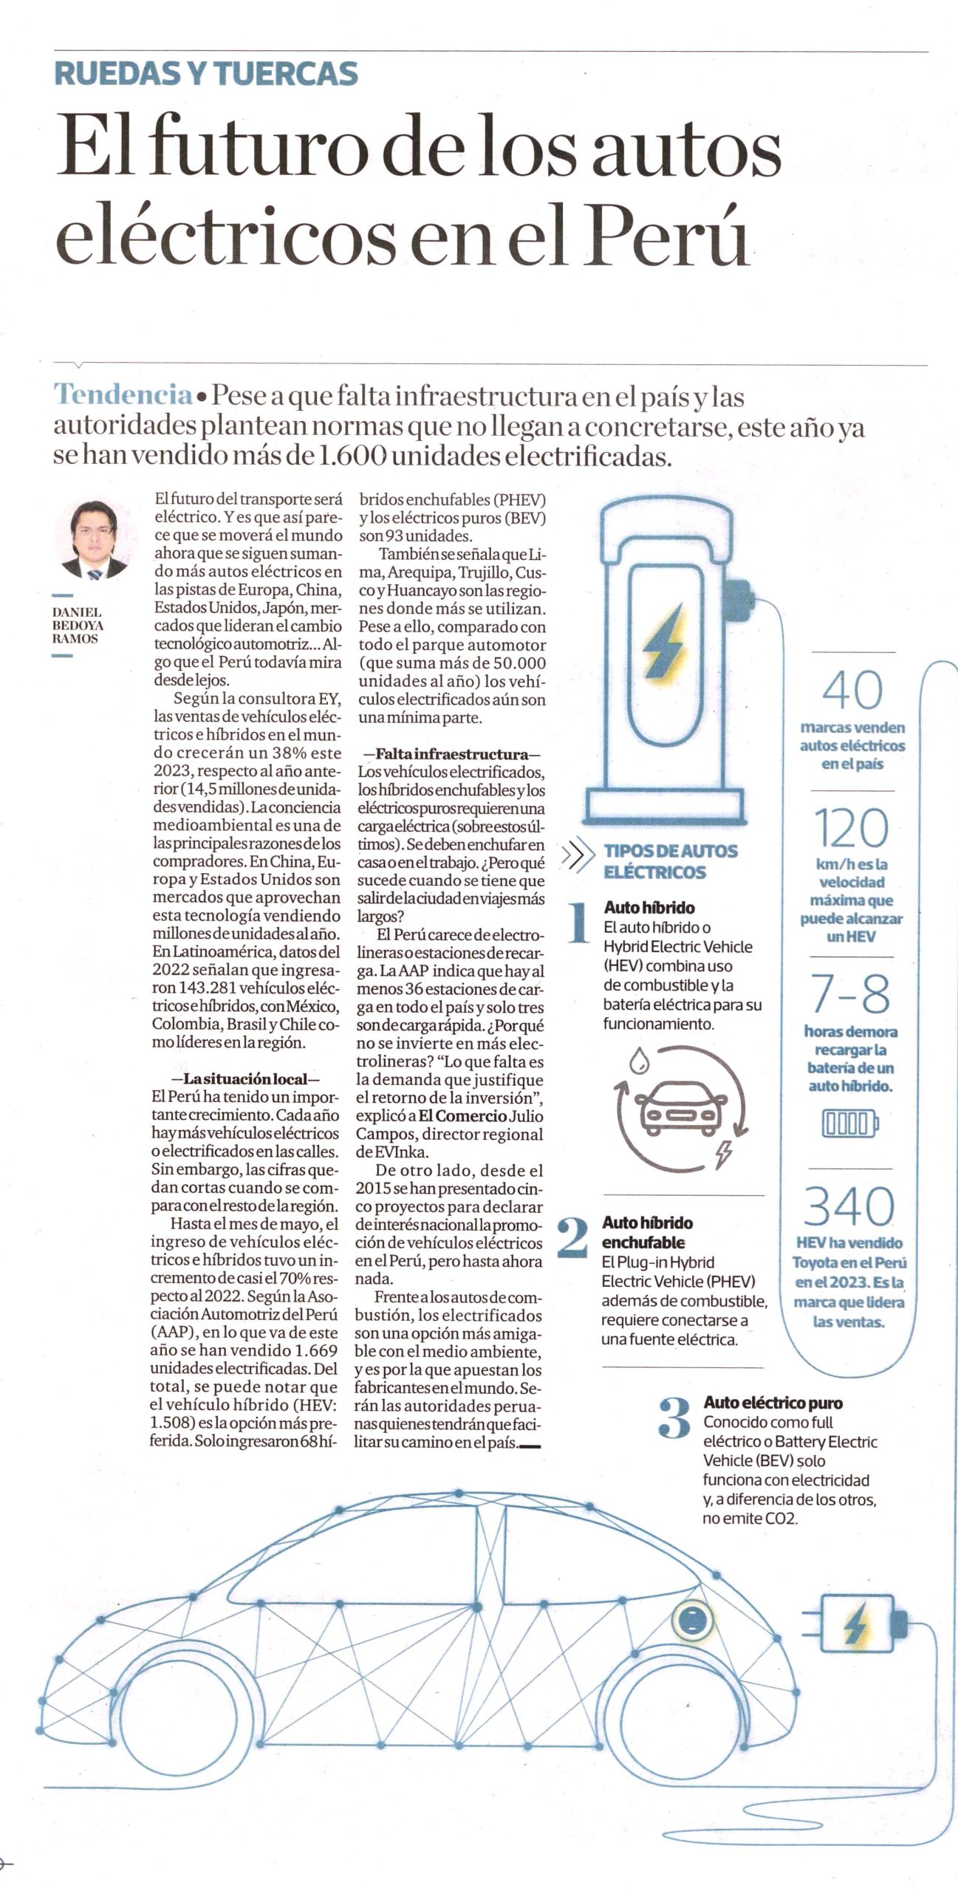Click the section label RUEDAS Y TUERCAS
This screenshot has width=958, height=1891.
206,74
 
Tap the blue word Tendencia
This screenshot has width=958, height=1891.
123,394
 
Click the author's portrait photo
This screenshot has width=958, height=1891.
92,540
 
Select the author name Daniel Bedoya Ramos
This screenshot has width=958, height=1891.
77,625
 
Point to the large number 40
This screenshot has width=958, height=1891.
852,690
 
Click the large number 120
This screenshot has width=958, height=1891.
851,827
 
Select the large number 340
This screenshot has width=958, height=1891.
849,1206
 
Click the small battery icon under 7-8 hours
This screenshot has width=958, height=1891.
849,1124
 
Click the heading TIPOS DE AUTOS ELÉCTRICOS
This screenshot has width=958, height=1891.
669,861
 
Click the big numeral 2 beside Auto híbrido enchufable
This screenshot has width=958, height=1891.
572,1239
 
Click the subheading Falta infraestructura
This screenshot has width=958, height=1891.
451,754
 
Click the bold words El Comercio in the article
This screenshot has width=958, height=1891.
462,1116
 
